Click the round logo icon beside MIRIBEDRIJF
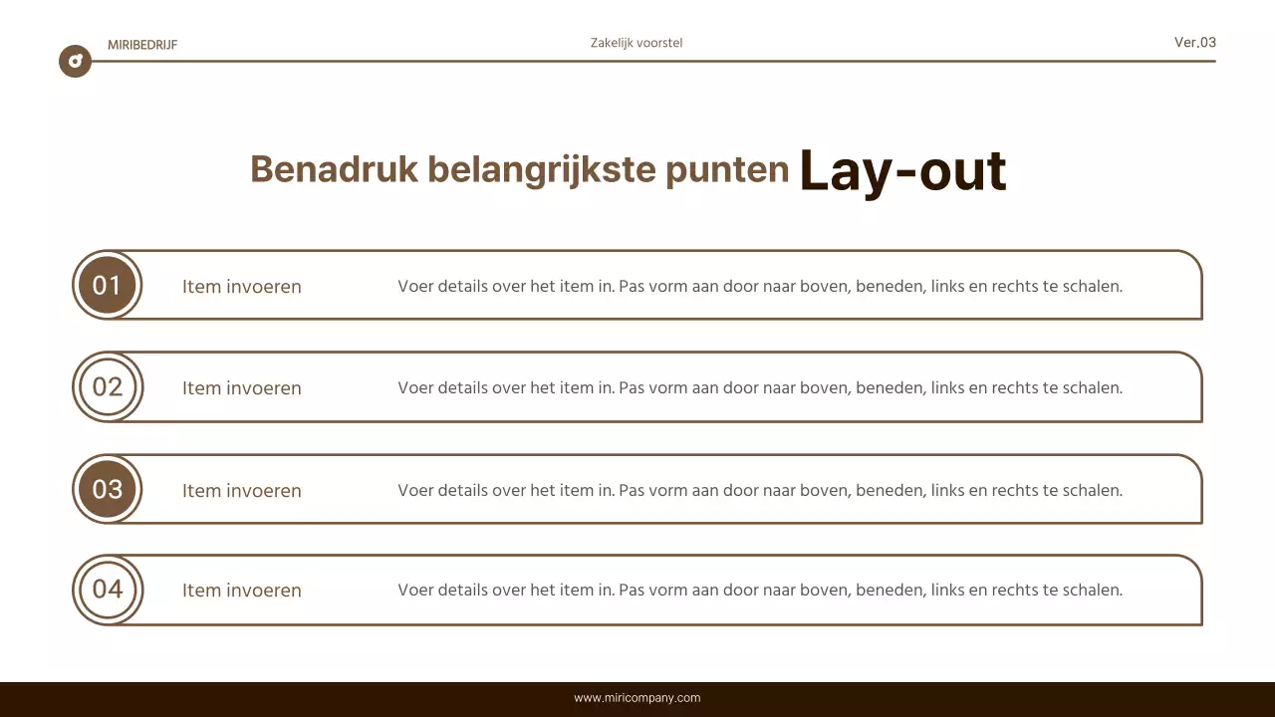click(75, 62)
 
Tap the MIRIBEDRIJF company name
click(142, 45)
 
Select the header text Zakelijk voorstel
click(637, 43)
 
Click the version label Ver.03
click(1194, 42)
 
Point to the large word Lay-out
click(902, 170)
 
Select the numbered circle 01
click(107, 286)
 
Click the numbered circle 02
click(107, 386)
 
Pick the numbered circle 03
click(107, 489)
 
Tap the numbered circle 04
click(107, 590)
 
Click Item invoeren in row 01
click(241, 287)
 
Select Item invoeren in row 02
click(241, 388)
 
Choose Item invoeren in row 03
click(241, 491)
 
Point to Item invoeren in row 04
click(241, 591)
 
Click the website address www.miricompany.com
click(637, 698)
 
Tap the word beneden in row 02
click(889, 388)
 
